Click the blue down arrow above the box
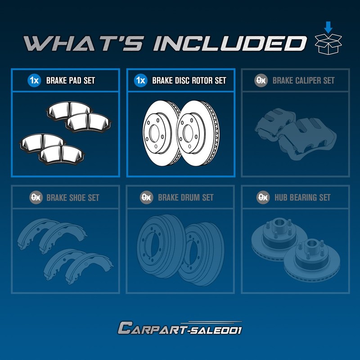pos(328,27)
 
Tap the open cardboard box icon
pos(328,44)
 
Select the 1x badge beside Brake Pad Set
pos(34,81)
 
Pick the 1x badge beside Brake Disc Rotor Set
pos(140,81)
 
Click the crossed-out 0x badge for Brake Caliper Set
pos(261,81)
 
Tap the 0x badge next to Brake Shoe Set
pos(36,197)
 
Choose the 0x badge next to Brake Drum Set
pos(147,197)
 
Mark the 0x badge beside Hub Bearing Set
pos(263,197)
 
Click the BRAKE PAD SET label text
pos(71,81)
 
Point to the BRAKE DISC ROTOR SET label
pos(189,81)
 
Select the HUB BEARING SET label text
pos(302,197)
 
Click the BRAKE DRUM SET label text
pos(186,197)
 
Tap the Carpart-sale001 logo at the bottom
pos(180,328)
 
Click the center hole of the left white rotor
pos(153,133)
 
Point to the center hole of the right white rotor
pos(188,133)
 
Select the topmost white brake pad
pos(69,111)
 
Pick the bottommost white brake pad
pos(62,154)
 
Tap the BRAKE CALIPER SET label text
pos(303,81)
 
